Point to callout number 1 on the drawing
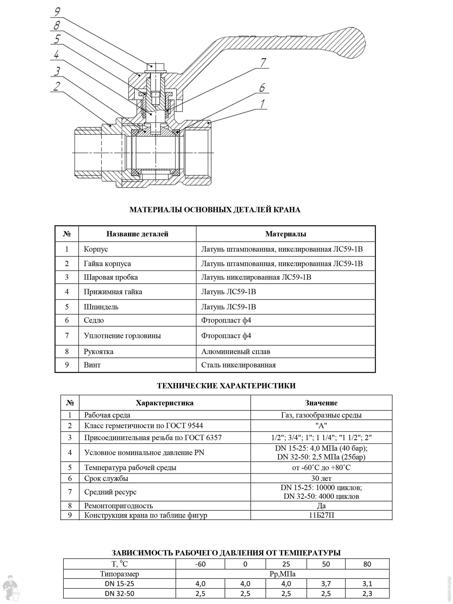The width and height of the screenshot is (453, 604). pyautogui.click(x=262, y=104)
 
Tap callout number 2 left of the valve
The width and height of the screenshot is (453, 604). pyautogui.click(x=57, y=86)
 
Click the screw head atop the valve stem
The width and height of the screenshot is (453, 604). pyautogui.click(x=155, y=67)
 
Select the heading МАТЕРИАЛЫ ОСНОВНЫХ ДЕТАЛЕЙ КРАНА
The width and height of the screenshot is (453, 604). pyautogui.click(x=215, y=210)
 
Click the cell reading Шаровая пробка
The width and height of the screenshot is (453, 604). pyautogui.click(x=110, y=277)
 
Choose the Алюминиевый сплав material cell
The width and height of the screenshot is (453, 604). pyautogui.click(x=236, y=351)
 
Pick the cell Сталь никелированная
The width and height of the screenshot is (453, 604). pyautogui.click(x=238, y=365)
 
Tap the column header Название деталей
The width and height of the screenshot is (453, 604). pyautogui.click(x=137, y=234)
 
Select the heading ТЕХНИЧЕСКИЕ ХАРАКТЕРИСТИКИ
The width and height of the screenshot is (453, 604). pyautogui.click(x=226, y=386)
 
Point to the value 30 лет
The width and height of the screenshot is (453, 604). pyautogui.click(x=321, y=478)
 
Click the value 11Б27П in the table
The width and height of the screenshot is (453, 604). pyautogui.click(x=321, y=515)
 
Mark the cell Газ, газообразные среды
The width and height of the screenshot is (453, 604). pyautogui.click(x=321, y=415)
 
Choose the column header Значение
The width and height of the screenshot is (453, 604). pyautogui.click(x=321, y=403)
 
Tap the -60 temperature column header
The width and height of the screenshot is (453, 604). pyautogui.click(x=200, y=564)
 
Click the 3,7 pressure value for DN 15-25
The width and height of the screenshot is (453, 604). pyautogui.click(x=326, y=584)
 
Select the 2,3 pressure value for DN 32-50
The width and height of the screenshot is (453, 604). pyautogui.click(x=367, y=593)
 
